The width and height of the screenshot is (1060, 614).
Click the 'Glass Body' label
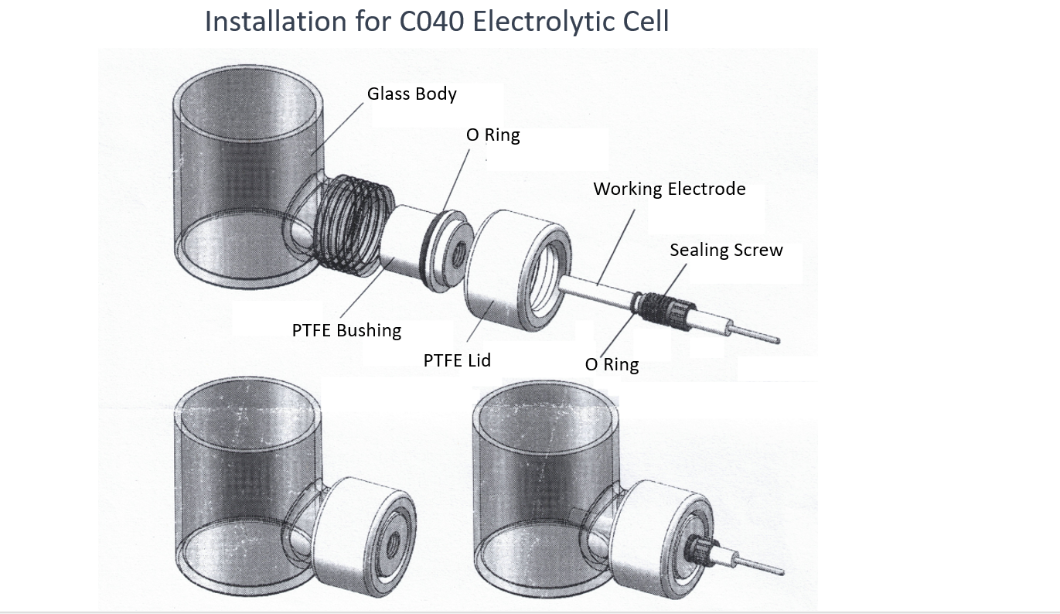click(411, 94)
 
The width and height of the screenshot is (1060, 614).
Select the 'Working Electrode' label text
click(669, 189)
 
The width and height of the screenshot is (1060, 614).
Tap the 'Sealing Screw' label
click(726, 251)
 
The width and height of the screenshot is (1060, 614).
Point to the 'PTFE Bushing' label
click(346, 331)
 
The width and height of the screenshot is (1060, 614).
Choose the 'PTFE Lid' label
click(457, 360)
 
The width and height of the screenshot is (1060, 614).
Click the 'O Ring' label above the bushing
click(493, 135)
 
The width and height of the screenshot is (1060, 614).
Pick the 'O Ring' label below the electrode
click(612, 364)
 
